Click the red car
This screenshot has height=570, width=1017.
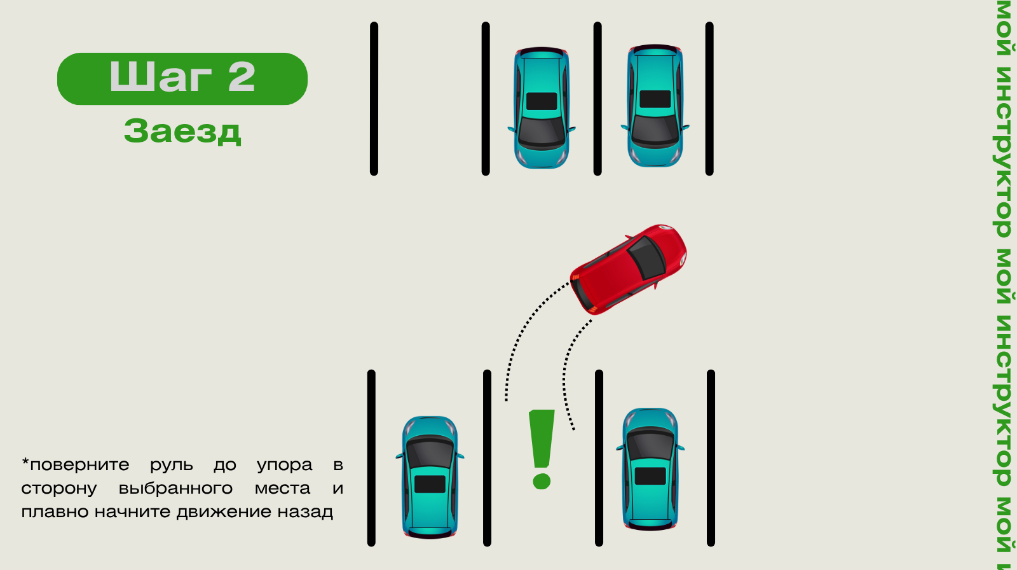point(628,269)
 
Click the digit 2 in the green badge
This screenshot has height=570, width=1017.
point(242,78)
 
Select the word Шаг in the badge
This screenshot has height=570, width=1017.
point(160,78)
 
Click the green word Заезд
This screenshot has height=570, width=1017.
point(182,131)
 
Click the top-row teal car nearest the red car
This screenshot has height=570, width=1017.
point(655,106)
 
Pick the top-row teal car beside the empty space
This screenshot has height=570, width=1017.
point(542,108)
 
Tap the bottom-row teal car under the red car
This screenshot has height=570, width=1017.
point(650,469)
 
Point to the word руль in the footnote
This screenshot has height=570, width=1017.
point(171,465)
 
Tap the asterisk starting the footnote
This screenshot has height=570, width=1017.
point(25,462)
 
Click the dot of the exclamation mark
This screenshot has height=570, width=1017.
point(542,480)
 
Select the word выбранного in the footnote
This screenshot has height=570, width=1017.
point(175,489)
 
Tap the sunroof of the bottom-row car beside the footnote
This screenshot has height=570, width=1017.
point(430,484)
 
